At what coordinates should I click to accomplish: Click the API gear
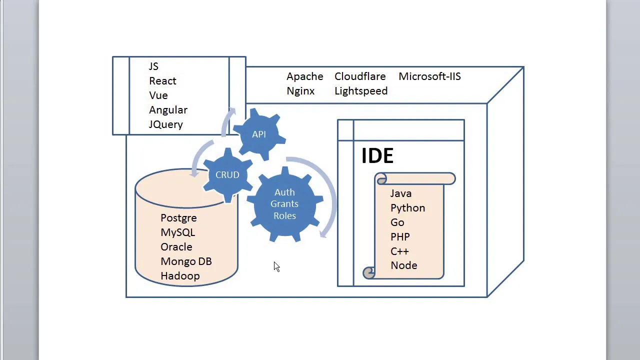259,134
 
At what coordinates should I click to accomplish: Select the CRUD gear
227,175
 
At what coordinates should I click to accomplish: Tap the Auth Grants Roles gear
284,204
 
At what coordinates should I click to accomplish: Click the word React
162,81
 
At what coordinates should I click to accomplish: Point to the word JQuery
166,124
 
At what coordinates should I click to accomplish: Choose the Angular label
168,110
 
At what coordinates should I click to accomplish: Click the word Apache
304,76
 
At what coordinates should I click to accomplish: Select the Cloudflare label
360,76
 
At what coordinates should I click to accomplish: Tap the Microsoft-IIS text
429,76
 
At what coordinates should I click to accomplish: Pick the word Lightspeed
361,91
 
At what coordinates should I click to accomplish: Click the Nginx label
300,91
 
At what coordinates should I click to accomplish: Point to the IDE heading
377,156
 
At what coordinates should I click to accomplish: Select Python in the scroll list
407,208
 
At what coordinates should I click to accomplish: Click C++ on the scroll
399,251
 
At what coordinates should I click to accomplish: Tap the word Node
403,265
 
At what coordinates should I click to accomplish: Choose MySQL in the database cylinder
177,232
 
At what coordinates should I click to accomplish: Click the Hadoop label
180,276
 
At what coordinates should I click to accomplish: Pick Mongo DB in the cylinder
186,261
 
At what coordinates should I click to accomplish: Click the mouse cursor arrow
276,266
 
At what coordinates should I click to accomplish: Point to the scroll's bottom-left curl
368,272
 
